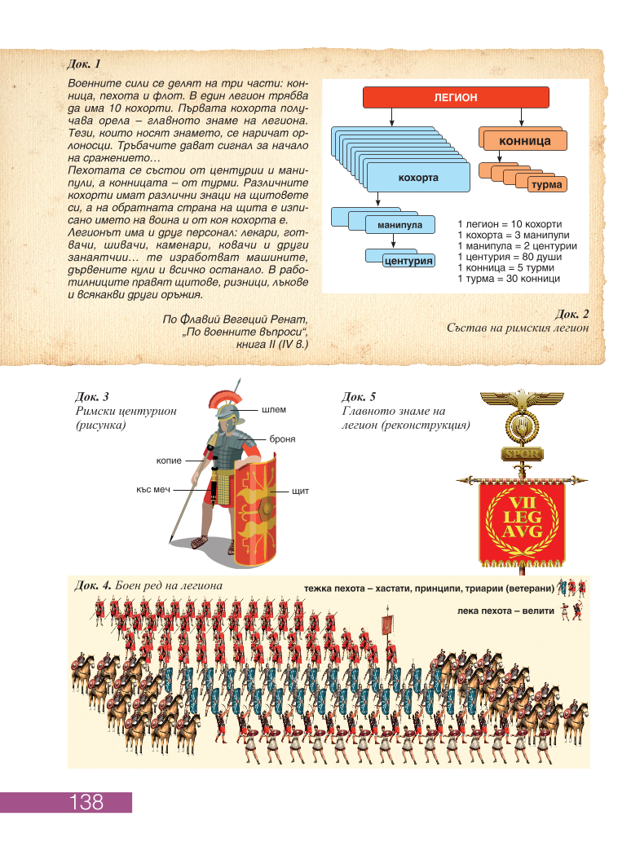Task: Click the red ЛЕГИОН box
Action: [x=456, y=97]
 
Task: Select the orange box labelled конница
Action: [x=524, y=140]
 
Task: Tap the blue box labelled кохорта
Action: [x=418, y=178]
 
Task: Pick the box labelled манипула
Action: [x=399, y=225]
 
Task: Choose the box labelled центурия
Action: [x=408, y=261]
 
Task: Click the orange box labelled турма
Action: [x=547, y=184]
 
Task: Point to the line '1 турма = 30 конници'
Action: [x=509, y=279]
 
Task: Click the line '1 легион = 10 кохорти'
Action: [x=510, y=224]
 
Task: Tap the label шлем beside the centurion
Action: [x=274, y=410]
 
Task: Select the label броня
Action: [x=282, y=439]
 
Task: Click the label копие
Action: [x=169, y=461]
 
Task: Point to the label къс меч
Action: [x=153, y=490]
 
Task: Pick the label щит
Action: [x=300, y=492]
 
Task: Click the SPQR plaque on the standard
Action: [x=522, y=454]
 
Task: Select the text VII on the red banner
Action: [x=521, y=503]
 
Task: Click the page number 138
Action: [x=86, y=801]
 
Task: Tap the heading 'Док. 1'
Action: [x=84, y=64]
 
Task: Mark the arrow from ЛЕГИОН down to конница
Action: [x=521, y=117]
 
